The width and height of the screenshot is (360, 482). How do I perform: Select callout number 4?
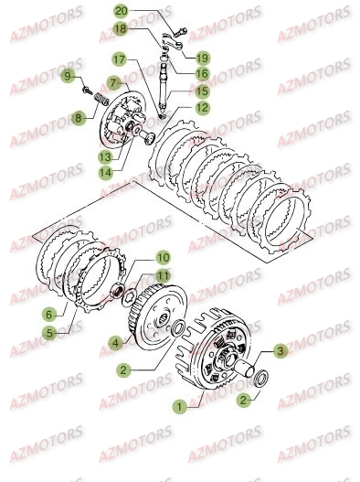pyautogui.click(x=116, y=343)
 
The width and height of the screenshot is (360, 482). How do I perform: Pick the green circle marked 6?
pyautogui.click(x=48, y=314)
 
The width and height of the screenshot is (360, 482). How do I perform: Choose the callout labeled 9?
pyautogui.click(x=68, y=74)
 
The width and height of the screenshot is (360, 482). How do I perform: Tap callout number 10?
pyautogui.click(x=162, y=259)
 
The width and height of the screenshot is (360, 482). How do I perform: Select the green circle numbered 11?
pyautogui.click(x=163, y=275)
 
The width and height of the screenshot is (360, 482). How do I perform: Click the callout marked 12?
pyautogui.click(x=201, y=107)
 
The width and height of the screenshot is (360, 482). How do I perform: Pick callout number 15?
pyautogui.click(x=200, y=91)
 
